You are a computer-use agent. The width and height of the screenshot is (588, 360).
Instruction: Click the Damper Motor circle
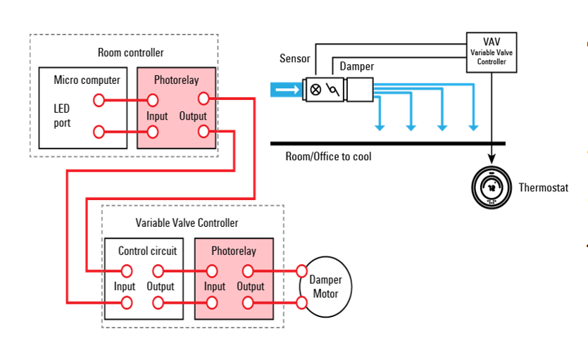click(x=325, y=287)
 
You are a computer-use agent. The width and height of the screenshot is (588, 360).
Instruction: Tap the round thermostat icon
click(x=492, y=187)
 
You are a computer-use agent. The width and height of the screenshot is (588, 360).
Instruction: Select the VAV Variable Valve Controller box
click(x=492, y=53)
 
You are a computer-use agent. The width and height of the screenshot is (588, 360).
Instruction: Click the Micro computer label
click(x=87, y=80)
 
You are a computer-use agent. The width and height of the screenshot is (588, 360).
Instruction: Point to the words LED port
click(x=62, y=116)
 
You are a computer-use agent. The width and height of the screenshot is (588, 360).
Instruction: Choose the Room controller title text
click(x=130, y=53)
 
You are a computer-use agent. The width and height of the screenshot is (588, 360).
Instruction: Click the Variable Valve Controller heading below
click(x=187, y=223)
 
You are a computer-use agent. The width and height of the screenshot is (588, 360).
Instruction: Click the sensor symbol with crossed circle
click(x=315, y=89)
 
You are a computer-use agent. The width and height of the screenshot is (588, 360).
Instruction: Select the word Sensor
click(x=294, y=59)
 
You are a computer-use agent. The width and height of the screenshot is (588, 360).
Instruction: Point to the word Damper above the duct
click(x=356, y=67)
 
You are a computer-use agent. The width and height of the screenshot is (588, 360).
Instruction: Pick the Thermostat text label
click(x=543, y=187)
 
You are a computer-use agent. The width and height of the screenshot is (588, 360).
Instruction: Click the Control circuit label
click(x=147, y=251)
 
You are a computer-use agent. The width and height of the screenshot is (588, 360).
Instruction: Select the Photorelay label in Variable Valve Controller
click(x=233, y=251)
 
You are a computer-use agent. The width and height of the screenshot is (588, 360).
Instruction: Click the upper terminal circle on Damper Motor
click(x=302, y=271)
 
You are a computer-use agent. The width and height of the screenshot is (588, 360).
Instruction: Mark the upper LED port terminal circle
click(x=99, y=100)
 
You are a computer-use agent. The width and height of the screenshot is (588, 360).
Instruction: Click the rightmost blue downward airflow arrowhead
click(x=474, y=127)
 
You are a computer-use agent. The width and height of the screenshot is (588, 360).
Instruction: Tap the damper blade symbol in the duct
click(x=333, y=89)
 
